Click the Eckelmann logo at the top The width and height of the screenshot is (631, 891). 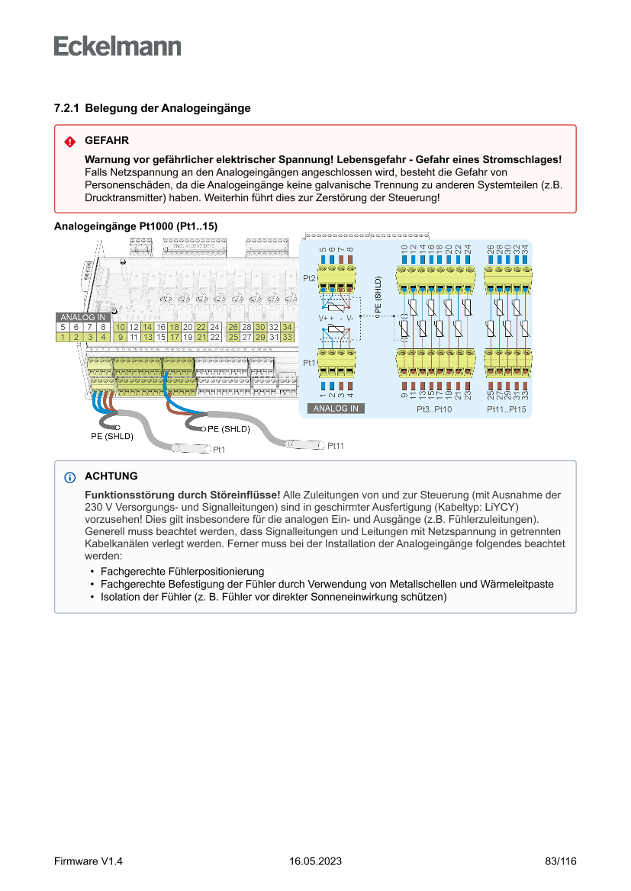(118, 46)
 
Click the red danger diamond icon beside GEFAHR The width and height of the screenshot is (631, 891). (69, 142)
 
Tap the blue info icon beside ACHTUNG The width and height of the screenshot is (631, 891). (69, 477)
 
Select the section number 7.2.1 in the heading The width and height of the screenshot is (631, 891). (67, 108)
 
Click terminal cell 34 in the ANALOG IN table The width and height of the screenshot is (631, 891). (287, 327)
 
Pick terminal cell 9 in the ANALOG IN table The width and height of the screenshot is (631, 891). (121, 336)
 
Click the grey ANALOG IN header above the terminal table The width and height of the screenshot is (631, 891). (82, 317)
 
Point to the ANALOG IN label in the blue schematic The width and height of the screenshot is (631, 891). (336, 409)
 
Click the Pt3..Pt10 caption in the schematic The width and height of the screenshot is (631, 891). (434, 409)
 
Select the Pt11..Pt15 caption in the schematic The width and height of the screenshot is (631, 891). (507, 409)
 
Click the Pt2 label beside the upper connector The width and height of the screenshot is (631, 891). (309, 278)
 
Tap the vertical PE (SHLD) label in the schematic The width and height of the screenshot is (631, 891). (378, 295)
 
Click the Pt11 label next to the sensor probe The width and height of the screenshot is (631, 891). (336, 445)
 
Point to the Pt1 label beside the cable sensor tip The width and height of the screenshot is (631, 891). (219, 450)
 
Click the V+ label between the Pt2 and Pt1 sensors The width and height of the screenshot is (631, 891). (324, 317)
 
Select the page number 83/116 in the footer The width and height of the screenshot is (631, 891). (561, 861)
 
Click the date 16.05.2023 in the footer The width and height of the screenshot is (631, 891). (315, 861)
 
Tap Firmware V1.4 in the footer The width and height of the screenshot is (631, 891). (89, 861)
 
